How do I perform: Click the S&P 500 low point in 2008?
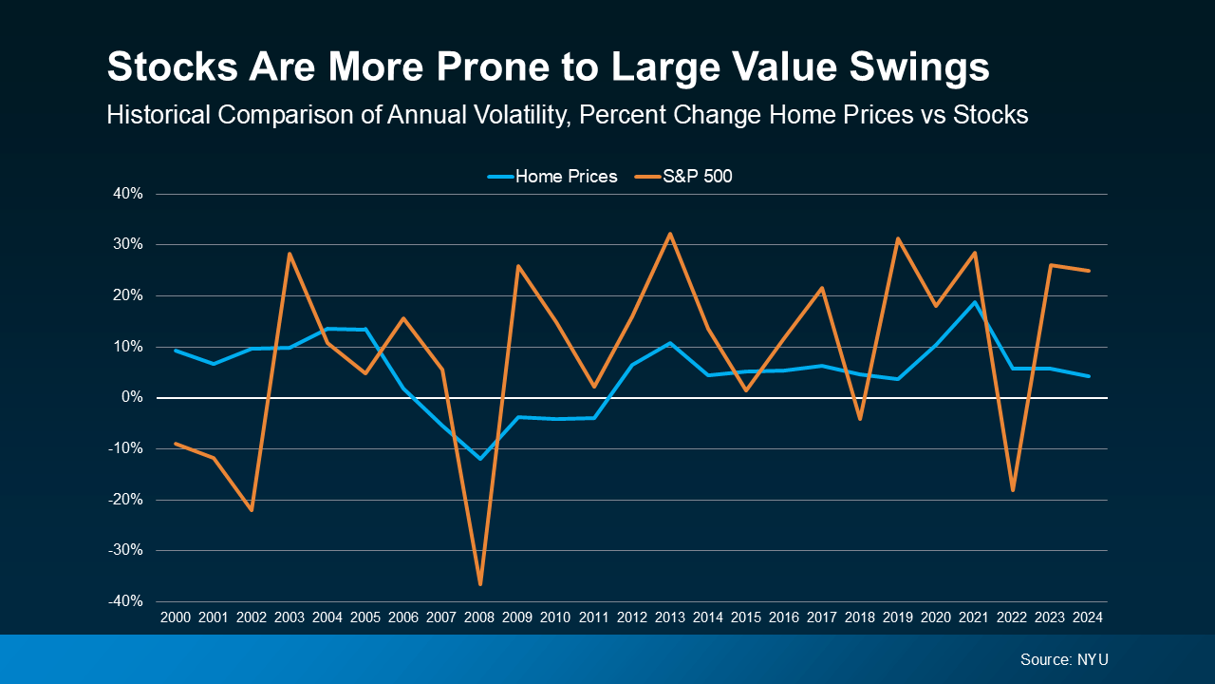[480, 584]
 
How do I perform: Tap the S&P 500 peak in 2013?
[670, 234]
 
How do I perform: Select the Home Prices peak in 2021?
[974, 302]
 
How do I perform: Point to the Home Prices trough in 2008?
[480, 459]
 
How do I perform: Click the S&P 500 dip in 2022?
[1012, 490]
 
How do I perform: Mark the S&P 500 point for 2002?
[252, 510]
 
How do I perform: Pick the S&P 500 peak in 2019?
[898, 238]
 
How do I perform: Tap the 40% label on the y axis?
[128, 194]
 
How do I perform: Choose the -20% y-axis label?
[126, 500]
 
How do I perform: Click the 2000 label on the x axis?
[176, 617]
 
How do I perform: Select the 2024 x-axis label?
[1088, 617]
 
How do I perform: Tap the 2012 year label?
[632, 617]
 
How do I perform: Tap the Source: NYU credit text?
[1064, 659]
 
